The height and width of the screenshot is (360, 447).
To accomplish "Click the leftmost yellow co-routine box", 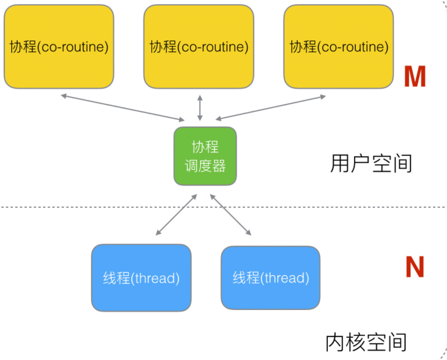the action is click(x=59, y=46).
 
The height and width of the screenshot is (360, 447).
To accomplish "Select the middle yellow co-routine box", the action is click(x=199, y=46).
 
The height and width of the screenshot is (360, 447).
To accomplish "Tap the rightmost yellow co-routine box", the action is click(x=338, y=46).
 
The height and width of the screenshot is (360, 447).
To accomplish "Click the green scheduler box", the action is click(x=205, y=156).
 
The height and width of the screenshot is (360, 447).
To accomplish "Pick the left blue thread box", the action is click(x=141, y=278).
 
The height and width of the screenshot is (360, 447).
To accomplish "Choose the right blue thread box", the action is click(x=271, y=278).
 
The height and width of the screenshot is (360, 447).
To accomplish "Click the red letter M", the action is click(x=415, y=76).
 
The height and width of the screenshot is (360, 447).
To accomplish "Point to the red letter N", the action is click(x=415, y=267).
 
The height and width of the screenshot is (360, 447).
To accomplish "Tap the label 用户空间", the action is click(x=371, y=163).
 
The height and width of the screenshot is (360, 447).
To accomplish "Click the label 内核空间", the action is click(x=366, y=342).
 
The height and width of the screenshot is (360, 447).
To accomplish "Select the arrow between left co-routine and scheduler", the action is click(x=122, y=108).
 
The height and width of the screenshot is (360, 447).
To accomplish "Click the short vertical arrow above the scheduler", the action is click(x=200, y=108).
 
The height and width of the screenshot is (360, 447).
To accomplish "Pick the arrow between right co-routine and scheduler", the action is click(x=271, y=108).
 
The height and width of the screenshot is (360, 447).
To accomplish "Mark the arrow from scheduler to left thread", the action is click(x=176, y=214).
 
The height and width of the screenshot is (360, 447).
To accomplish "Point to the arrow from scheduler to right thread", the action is click(x=230, y=214).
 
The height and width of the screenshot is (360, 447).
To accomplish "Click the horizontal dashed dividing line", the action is click(x=223, y=207).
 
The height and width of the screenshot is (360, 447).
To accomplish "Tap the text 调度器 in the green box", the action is click(x=205, y=166).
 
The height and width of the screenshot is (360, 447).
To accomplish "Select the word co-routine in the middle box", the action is click(x=213, y=47).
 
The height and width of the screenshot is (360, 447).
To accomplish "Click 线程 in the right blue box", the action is click(x=246, y=278).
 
